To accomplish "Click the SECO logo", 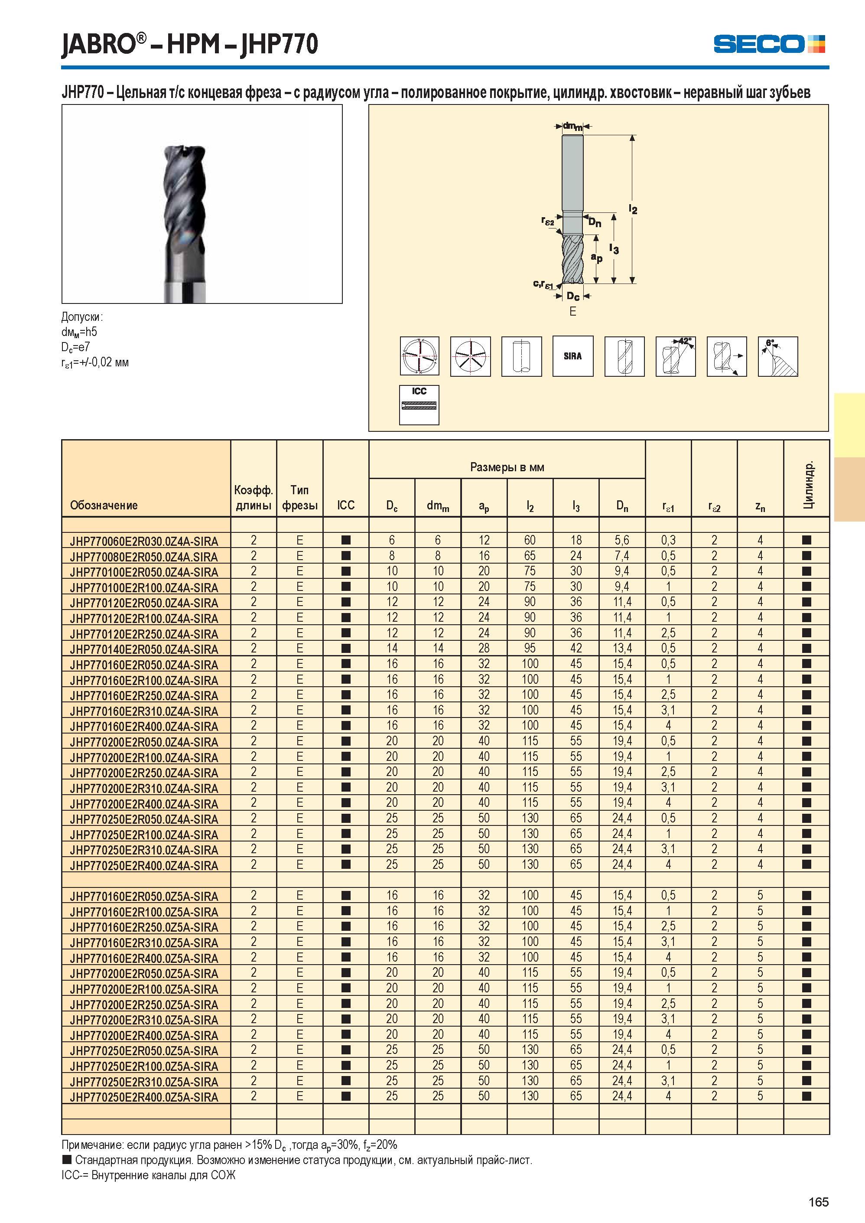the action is click(769, 44).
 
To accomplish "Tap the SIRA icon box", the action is click(572, 356).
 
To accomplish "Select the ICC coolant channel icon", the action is click(419, 405).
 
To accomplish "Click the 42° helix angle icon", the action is click(675, 356).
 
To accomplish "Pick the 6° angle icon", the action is click(777, 356).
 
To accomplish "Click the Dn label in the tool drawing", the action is click(595, 222).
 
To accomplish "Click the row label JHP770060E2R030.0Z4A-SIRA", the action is click(144, 541).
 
